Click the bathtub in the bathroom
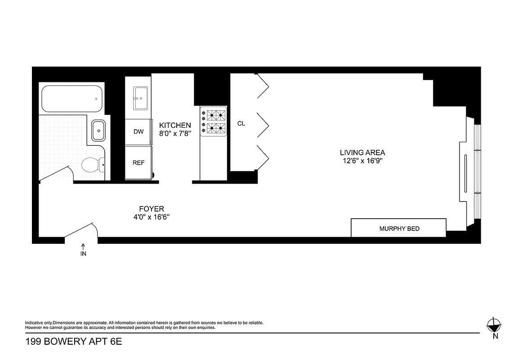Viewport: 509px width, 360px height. tap(71, 99)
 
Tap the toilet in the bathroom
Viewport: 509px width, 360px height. tap(92, 165)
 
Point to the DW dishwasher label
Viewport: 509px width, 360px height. tap(138, 132)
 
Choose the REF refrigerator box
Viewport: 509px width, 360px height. tap(138, 163)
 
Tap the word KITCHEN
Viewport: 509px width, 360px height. tap(175, 125)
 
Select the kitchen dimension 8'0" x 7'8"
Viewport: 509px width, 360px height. tap(175, 133)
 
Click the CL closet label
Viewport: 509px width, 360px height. tap(241, 123)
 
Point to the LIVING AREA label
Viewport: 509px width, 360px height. tap(362, 153)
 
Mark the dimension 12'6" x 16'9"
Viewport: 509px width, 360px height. tap(362, 161)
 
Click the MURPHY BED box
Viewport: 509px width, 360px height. tap(399, 228)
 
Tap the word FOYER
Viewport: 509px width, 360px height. tap(151, 209)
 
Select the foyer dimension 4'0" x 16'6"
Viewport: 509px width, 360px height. tap(151, 217)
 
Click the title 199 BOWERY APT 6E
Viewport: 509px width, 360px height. tap(73, 342)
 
